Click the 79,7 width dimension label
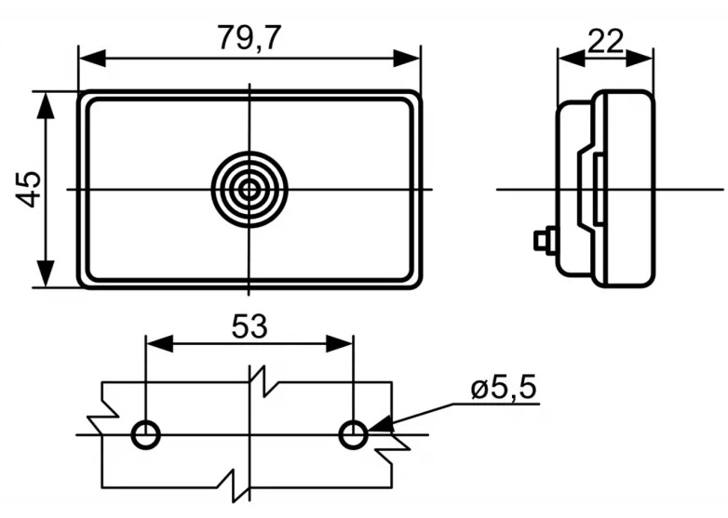tap(249, 37)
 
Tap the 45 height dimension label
tap(28, 189)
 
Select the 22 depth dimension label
tap(605, 41)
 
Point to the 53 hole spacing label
tap(249, 326)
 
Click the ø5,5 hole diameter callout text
tap(504, 387)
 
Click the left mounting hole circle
tap(146, 434)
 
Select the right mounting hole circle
tap(354, 434)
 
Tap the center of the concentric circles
tap(249, 189)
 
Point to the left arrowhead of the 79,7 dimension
tap(92, 59)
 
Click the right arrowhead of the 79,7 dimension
tap(406, 59)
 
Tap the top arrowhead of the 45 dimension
tap(45, 106)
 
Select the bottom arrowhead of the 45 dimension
tap(45, 273)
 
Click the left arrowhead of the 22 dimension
tap(572, 59)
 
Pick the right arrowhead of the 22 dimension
tap(640, 59)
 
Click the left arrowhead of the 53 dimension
tap(160, 344)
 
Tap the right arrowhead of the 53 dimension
tap(340, 344)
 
